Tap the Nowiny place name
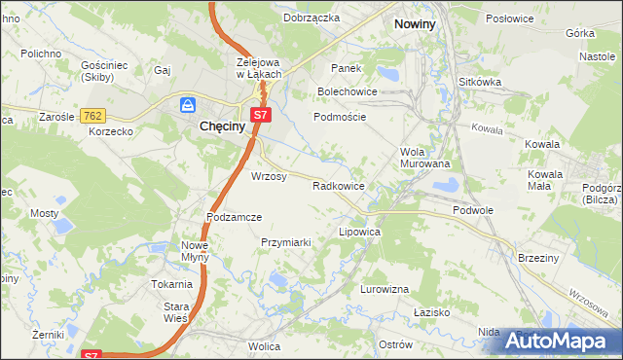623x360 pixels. click(x=413, y=21)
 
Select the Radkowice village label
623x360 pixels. click(x=338, y=185)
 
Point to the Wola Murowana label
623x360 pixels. click(x=425, y=158)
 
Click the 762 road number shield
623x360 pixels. click(x=93, y=116)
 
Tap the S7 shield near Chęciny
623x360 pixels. click(x=258, y=116)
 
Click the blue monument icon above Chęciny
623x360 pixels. click(x=188, y=104)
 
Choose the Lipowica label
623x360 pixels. click(x=358, y=234)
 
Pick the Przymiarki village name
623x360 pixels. click(x=285, y=242)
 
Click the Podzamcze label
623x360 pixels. click(x=234, y=217)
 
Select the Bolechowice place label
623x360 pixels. click(x=347, y=91)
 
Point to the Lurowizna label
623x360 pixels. click(x=384, y=289)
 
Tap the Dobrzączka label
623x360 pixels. click(x=311, y=18)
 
